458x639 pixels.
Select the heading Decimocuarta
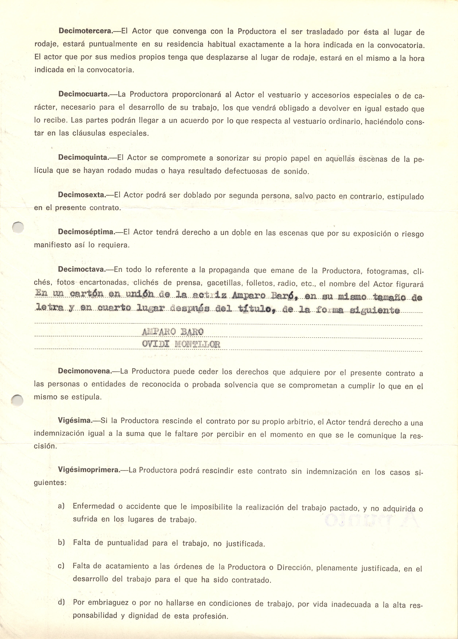(x=84, y=94)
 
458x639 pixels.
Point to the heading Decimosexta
(x=82, y=195)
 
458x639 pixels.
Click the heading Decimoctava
(x=82, y=269)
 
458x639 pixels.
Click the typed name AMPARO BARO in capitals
(x=172, y=332)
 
